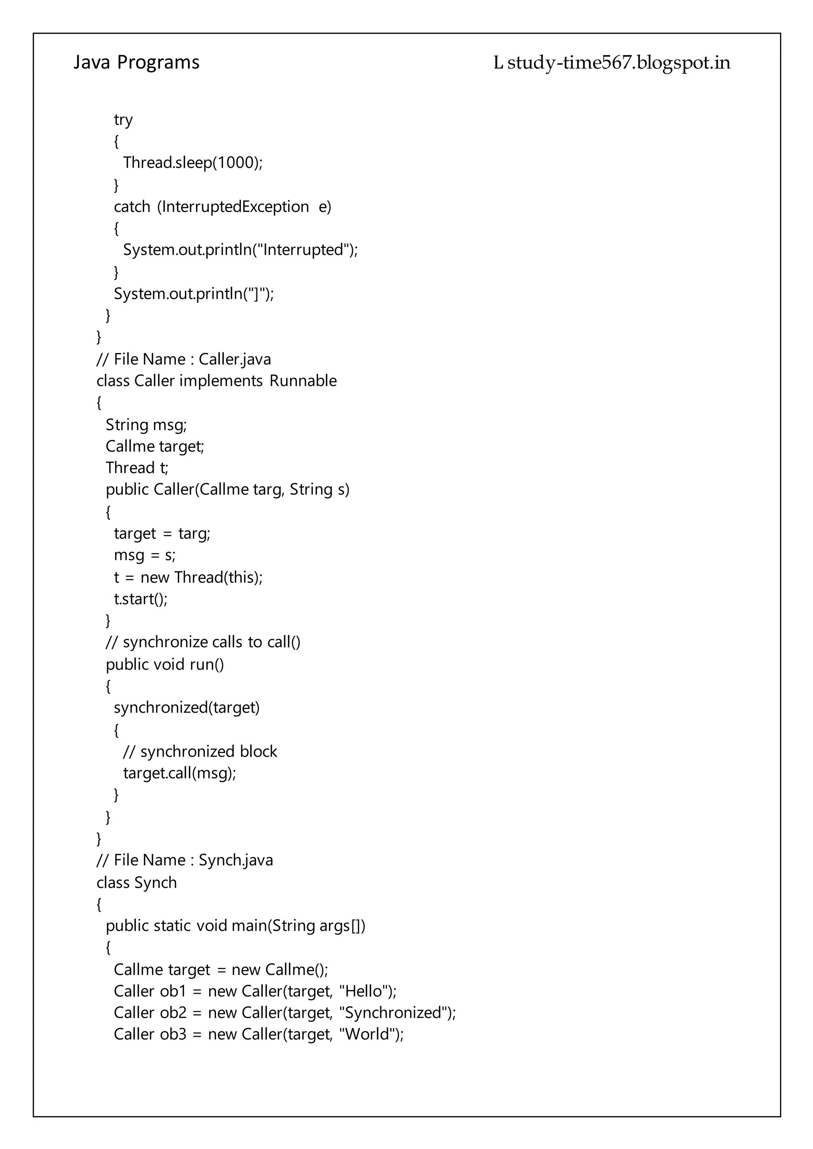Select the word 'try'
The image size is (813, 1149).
click(x=123, y=120)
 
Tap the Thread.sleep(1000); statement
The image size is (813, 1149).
click(x=193, y=163)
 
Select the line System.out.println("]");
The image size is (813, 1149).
click(x=194, y=294)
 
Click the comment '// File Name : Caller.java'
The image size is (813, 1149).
click(x=183, y=359)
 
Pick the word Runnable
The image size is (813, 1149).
click(x=303, y=381)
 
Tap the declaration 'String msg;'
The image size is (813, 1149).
click(x=146, y=425)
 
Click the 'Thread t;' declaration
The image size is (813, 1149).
click(x=137, y=468)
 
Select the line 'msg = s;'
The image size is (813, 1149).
click(x=144, y=555)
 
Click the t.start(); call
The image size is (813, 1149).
click(x=141, y=599)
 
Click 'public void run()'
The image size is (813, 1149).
click(x=165, y=665)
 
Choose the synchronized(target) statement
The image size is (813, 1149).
click(x=187, y=708)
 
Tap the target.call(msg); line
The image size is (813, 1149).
click(x=179, y=773)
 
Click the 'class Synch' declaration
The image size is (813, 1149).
click(x=137, y=883)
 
